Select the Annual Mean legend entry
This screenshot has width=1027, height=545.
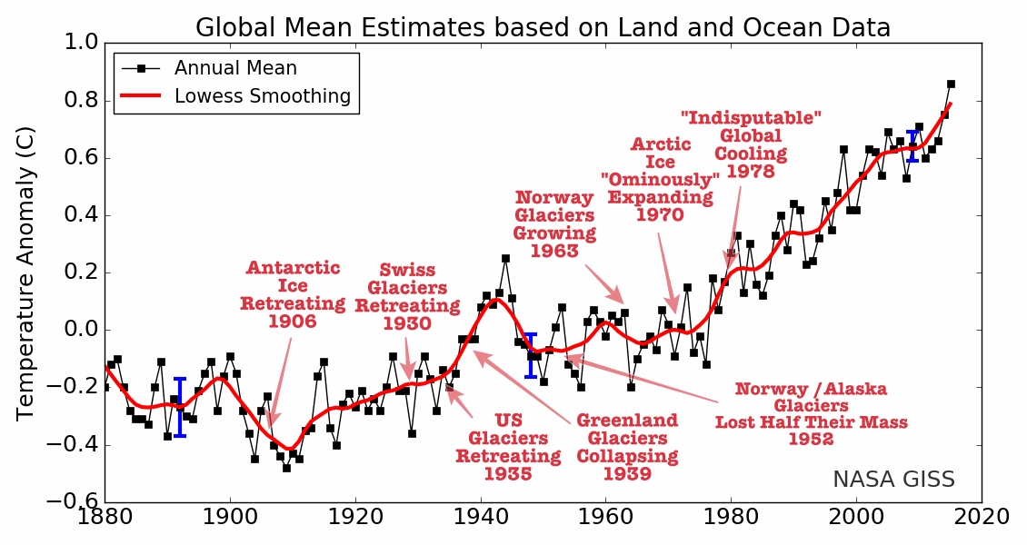(235, 68)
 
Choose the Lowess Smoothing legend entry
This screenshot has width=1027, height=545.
(262, 96)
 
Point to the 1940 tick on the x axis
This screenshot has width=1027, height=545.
(480, 517)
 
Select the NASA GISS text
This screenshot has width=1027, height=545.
(893, 480)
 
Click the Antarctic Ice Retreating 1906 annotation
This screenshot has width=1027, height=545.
(293, 294)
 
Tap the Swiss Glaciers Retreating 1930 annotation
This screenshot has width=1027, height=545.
(407, 297)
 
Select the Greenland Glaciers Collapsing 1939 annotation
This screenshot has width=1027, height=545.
(627, 447)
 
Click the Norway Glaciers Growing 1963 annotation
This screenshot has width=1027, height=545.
(554, 224)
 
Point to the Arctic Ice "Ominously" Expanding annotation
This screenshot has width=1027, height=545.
(661, 180)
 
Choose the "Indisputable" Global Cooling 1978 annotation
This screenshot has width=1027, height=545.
(751, 144)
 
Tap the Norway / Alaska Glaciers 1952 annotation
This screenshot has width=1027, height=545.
(811, 414)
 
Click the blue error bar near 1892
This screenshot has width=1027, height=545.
(180, 407)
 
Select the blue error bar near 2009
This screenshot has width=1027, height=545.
(912, 146)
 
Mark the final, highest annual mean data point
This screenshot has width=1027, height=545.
(951, 84)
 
